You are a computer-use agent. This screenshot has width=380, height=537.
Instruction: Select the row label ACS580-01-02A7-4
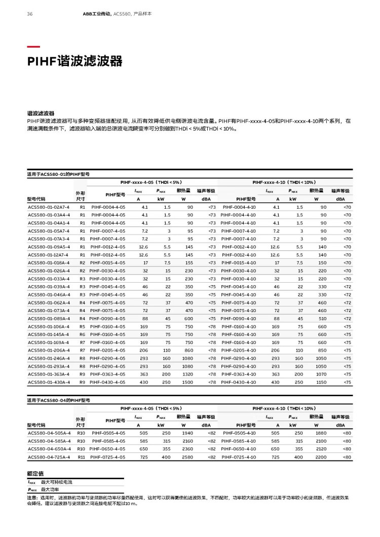[49, 207]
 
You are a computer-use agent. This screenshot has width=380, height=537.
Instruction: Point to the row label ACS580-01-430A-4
[49, 381]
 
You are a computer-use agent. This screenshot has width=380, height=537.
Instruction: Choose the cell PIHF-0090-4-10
[238, 318]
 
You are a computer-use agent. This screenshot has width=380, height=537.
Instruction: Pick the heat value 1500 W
[187, 381]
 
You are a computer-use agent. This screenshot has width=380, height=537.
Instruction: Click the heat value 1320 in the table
[187, 374]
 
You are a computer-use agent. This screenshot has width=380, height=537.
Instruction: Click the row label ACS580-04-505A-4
[49, 433]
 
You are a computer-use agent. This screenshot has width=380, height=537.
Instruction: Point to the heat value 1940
[187, 433]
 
